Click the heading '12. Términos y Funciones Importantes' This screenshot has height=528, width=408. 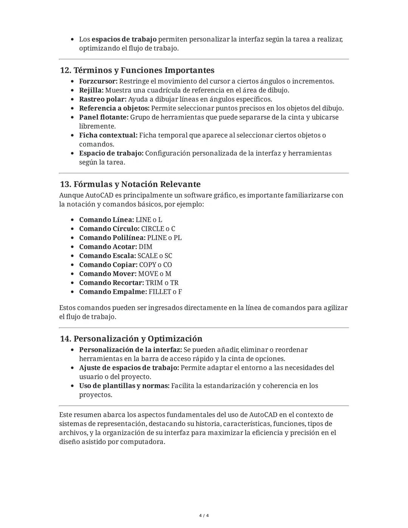point(137,70)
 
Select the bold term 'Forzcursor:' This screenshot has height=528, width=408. point(98,81)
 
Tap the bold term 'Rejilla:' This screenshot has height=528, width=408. point(91,90)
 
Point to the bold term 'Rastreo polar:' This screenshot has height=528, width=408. point(102,99)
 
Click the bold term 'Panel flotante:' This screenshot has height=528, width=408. point(104,117)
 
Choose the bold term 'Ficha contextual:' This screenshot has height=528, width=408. point(108,135)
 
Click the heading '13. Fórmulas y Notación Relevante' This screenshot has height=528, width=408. point(130,184)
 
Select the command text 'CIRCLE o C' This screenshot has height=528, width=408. point(158,229)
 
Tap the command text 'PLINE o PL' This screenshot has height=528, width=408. point(164,238)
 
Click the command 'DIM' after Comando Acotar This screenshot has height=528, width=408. point(145,247)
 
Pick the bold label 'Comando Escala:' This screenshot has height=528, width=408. point(107,256)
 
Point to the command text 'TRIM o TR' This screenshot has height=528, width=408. point(162,283)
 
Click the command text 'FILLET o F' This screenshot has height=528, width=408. point(165,292)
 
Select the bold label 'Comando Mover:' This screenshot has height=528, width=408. point(108,274)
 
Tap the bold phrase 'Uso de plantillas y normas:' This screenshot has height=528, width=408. point(124,386)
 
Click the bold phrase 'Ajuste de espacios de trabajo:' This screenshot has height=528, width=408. point(129,368)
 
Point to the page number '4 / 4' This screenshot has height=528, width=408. point(204,516)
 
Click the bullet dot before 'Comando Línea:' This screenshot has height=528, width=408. point(73,220)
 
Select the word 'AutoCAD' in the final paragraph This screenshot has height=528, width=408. point(263,415)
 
